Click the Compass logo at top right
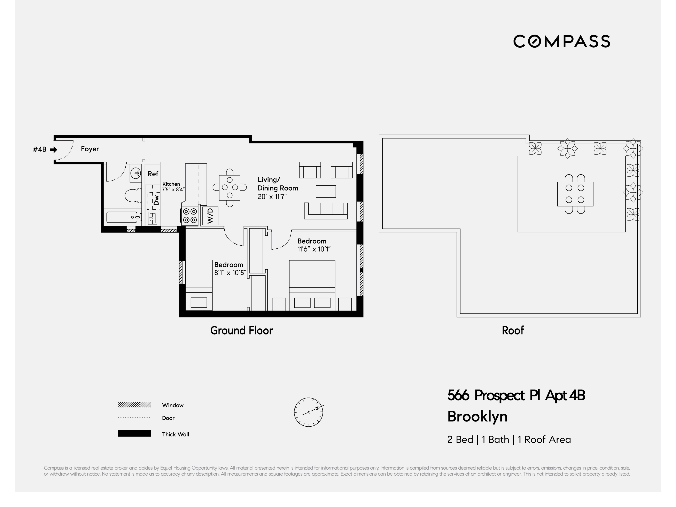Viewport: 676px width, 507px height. (561, 41)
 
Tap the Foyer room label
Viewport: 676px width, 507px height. (90, 149)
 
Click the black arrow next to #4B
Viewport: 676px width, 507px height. (54, 150)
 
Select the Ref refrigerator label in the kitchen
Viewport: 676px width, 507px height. (153, 174)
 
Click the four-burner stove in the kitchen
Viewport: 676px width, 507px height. (190, 216)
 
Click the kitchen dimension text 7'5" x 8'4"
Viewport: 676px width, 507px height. (173, 190)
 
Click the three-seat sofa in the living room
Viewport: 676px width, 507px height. (326, 211)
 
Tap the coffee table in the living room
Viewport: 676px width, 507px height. (326, 191)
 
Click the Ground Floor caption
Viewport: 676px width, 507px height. (241, 331)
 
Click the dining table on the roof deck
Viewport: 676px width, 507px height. (575, 194)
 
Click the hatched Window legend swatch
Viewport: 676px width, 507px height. (134, 405)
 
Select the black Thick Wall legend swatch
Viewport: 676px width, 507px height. (134, 433)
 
